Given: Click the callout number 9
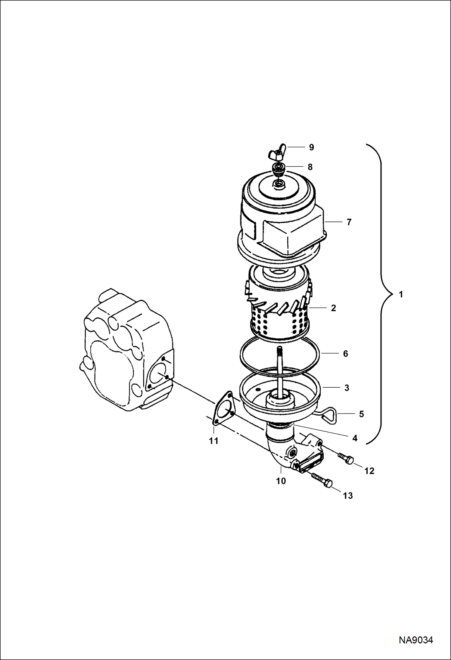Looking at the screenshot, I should [311, 147].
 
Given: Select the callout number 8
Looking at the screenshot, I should [310, 167].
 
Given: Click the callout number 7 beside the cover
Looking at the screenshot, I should [349, 222].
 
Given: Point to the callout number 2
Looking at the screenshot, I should [333, 308].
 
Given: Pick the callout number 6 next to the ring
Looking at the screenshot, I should [345, 354].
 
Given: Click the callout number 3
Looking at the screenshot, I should [347, 388].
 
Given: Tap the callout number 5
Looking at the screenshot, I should [362, 414].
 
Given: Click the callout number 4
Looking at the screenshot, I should [355, 438].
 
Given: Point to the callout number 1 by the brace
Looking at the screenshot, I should [401, 294].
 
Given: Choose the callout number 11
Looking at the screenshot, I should [213, 441].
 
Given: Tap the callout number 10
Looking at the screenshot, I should [281, 481].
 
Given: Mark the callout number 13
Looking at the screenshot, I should [348, 496].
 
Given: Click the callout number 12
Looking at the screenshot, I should [369, 471].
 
